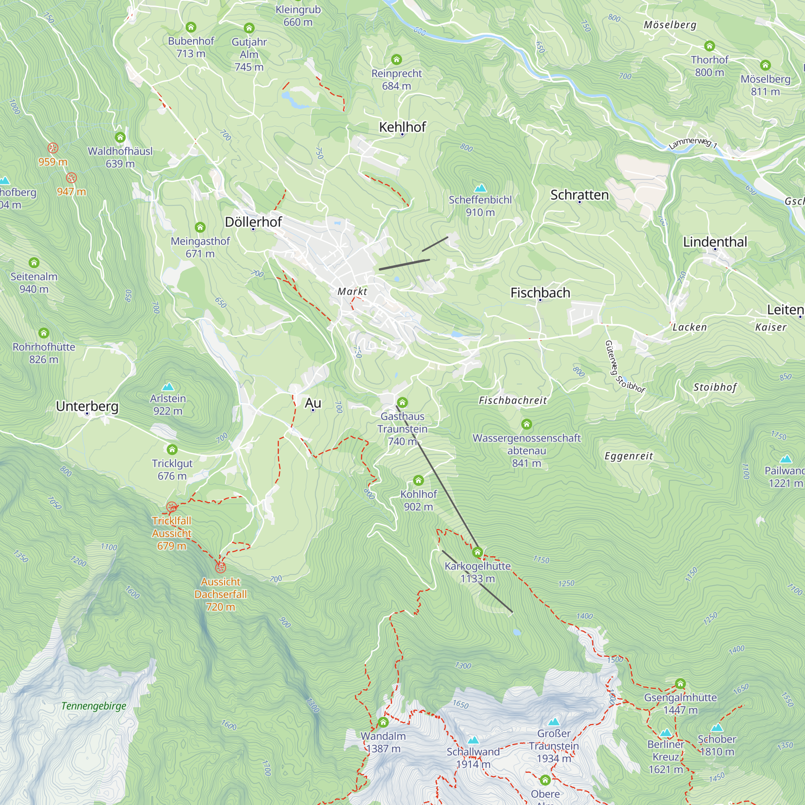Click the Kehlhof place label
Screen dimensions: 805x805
(x=402, y=127)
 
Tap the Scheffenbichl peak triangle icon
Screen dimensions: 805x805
(x=481, y=188)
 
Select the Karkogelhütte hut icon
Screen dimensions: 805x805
(x=477, y=553)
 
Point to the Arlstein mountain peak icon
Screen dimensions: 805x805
(x=168, y=387)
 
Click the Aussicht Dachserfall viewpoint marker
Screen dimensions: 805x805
(x=221, y=568)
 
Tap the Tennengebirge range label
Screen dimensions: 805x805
(x=93, y=706)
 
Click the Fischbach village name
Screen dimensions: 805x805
(x=540, y=293)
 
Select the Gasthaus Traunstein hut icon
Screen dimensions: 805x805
(x=402, y=402)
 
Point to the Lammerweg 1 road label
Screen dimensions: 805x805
(x=693, y=143)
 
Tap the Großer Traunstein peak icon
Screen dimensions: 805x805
(x=554, y=722)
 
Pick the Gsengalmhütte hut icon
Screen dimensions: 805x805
(x=680, y=684)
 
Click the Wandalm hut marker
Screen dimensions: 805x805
(x=383, y=722)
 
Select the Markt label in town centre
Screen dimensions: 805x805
(x=352, y=292)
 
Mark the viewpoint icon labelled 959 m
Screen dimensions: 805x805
(x=52, y=148)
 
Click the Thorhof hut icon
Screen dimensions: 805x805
(x=710, y=46)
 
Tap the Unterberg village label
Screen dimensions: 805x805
(x=87, y=406)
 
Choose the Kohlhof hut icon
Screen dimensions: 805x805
(x=418, y=481)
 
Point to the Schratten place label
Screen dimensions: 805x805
(x=579, y=195)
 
